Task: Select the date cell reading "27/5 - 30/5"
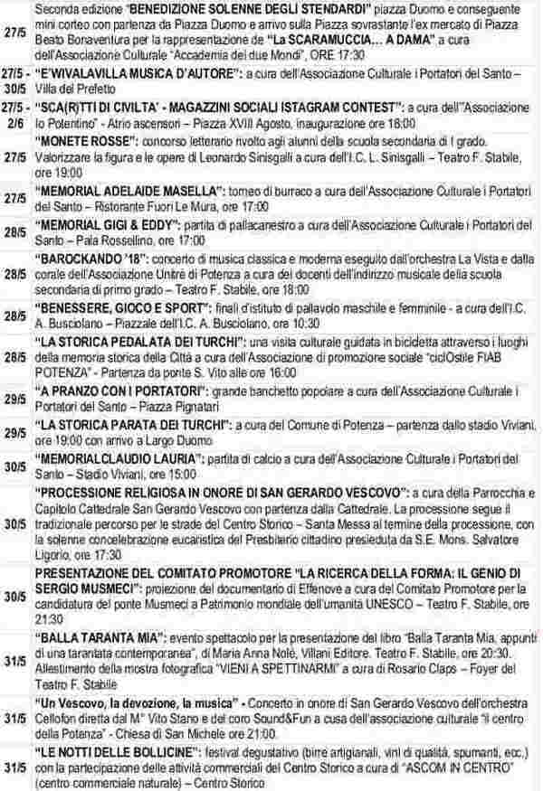[x=14, y=95]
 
